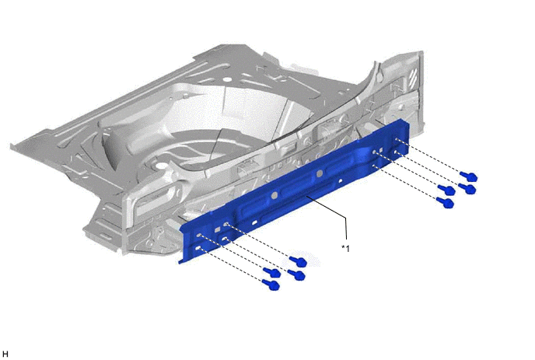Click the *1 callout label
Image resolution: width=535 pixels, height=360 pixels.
click(x=345, y=249)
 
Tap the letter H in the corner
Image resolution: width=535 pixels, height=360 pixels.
click(x=5, y=355)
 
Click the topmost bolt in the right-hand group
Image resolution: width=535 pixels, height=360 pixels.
click(x=468, y=177)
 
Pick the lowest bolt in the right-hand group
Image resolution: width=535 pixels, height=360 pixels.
click(x=446, y=203)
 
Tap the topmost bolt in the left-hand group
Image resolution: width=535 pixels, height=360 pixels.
click(x=298, y=261)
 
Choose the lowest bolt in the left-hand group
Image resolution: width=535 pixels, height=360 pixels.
click(x=271, y=285)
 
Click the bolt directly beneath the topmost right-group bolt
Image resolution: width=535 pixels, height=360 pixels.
click(x=467, y=188)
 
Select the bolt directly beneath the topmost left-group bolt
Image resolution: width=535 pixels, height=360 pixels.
click(x=296, y=274)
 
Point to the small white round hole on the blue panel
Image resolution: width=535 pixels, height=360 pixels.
click(x=340, y=182)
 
